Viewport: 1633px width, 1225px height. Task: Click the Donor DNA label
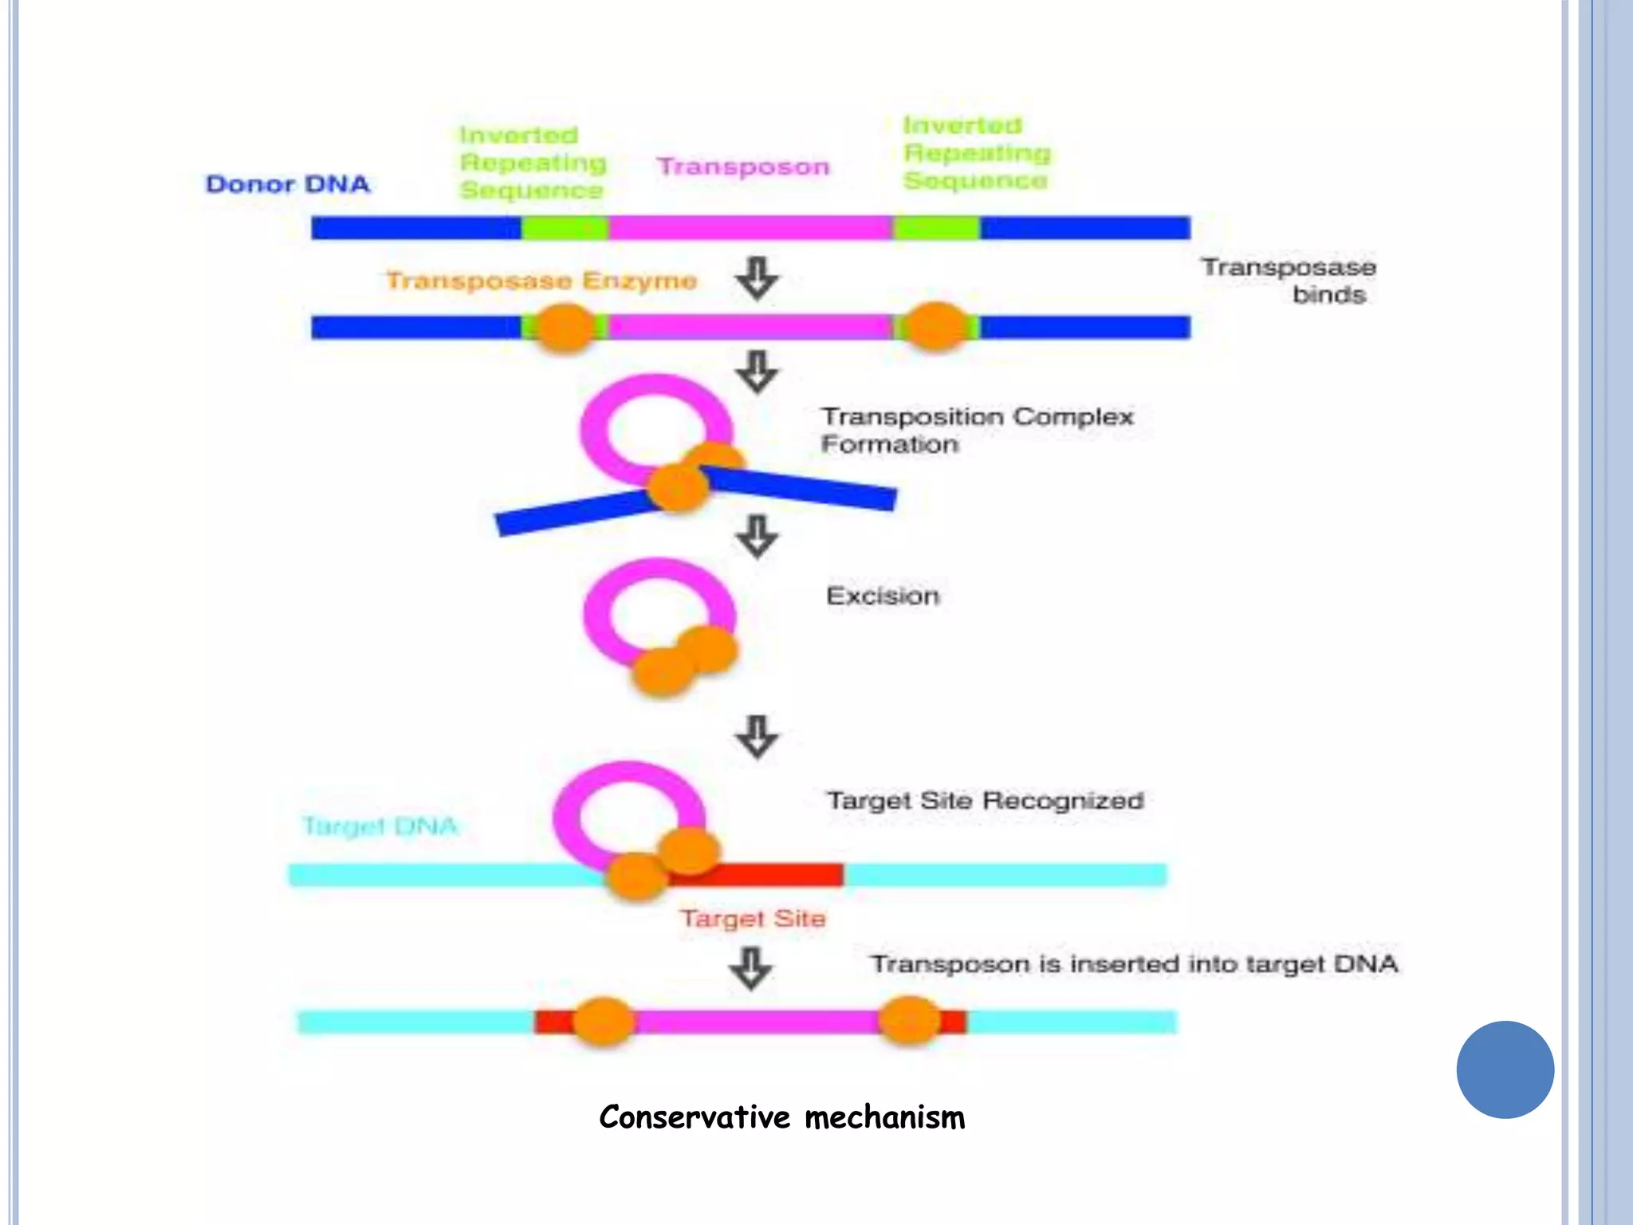[x=288, y=184]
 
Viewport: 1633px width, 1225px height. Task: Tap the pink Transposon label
[x=743, y=167]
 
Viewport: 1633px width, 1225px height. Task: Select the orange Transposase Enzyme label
[x=541, y=281]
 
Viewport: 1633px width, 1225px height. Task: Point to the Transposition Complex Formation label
[x=977, y=431]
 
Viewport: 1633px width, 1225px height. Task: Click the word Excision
[x=883, y=596]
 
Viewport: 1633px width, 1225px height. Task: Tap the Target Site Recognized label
[x=985, y=800]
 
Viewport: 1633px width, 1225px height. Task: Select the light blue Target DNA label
[x=380, y=826]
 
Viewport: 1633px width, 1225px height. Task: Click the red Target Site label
[x=753, y=919]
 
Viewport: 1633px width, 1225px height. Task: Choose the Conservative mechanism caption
[x=781, y=1117]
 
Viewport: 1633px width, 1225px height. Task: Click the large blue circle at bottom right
[x=1505, y=1069]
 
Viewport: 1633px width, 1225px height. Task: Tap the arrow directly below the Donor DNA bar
[x=757, y=278]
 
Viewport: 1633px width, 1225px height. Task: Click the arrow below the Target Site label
[x=751, y=968]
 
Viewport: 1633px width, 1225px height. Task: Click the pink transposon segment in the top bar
[x=750, y=228]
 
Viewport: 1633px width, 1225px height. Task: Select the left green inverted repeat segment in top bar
[x=565, y=228]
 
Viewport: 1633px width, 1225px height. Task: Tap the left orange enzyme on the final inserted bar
[x=604, y=1022]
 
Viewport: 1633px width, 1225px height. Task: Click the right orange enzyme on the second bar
[x=936, y=326]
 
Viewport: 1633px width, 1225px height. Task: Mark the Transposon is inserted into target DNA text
[x=1134, y=964]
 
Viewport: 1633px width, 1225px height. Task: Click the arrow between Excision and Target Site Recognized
[x=757, y=735]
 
